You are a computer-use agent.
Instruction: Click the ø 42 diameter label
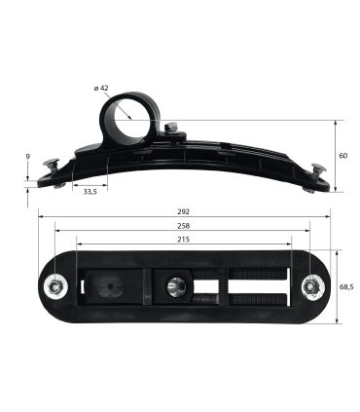[x=101, y=88]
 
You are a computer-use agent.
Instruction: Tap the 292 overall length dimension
[x=184, y=211]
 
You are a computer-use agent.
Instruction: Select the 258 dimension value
[x=184, y=226]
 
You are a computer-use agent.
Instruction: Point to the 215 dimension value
[x=184, y=240]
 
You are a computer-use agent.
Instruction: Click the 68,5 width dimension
[x=346, y=287]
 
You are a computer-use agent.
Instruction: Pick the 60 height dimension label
[x=343, y=156]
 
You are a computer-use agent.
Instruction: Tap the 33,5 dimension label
[x=90, y=192]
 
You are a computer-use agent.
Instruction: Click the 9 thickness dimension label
[x=28, y=157]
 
